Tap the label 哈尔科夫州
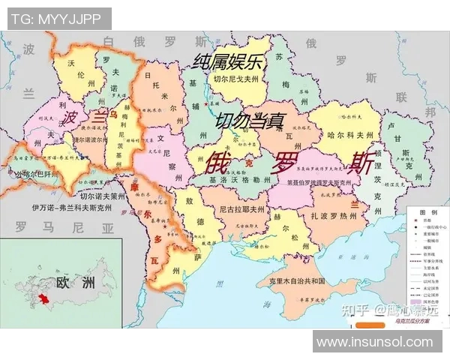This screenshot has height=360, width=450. click(350, 135)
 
